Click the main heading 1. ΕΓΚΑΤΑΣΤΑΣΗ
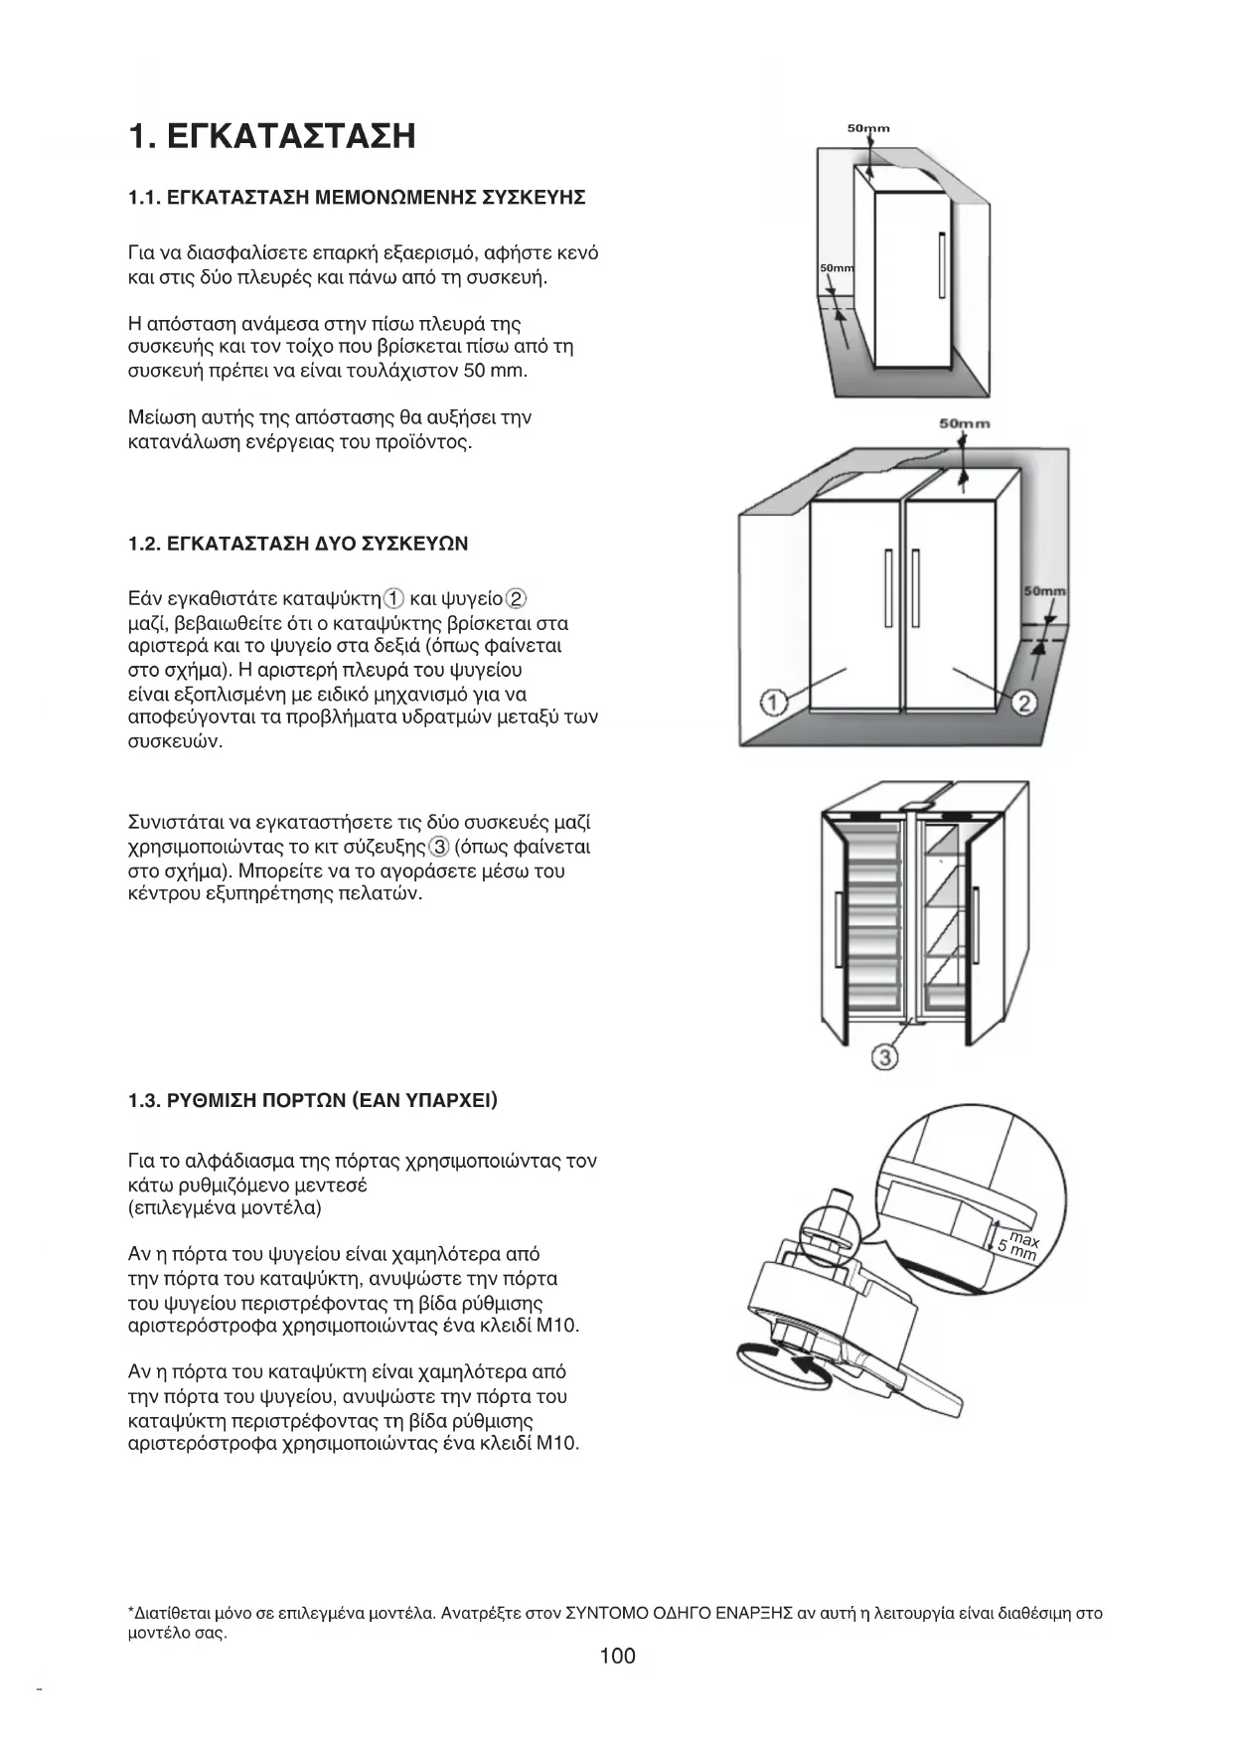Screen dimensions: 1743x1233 (x=271, y=136)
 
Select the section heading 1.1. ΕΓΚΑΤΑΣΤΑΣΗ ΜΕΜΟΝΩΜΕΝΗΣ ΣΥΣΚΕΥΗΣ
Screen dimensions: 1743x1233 (x=357, y=197)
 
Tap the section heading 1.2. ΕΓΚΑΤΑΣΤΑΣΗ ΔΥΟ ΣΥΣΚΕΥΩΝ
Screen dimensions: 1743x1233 (x=298, y=544)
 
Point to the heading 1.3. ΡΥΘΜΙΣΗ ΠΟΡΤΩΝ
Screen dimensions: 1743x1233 (x=313, y=1100)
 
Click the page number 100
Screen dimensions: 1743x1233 (x=617, y=1656)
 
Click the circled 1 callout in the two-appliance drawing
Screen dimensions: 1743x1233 (x=774, y=703)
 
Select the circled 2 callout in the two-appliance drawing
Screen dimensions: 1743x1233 (x=1024, y=703)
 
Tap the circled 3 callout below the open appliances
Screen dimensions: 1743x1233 (x=884, y=1056)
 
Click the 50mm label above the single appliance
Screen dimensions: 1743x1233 (x=868, y=128)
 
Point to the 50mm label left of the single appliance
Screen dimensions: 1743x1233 (x=836, y=269)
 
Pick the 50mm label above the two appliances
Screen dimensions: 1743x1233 (x=965, y=423)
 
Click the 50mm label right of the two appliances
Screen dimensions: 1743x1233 (x=1045, y=591)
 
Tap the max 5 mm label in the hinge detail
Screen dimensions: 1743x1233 (x=1019, y=1245)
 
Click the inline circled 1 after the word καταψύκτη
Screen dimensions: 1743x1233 (x=393, y=598)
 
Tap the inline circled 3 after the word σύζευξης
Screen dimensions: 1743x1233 (x=438, y=847)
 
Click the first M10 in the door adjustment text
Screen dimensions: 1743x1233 (x=555, y=1326)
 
